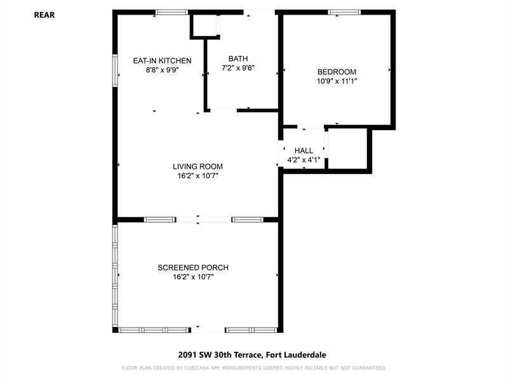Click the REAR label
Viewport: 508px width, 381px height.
pos(44,15)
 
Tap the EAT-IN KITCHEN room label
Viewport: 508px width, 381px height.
pos(163,60)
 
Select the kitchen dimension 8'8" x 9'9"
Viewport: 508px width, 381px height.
pos(163,70)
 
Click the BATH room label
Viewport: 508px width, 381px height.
pos(238,58)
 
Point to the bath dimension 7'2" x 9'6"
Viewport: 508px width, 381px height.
pos(238,68)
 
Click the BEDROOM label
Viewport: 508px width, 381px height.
pos(337,72)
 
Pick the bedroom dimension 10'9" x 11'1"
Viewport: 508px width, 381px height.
pos(337,81)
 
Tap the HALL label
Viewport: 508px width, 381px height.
pos(304,150)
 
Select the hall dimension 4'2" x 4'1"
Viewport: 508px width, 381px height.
pos(304,160)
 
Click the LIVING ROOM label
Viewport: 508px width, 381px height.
pos(197,166)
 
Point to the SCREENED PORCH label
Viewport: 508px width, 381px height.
pos(193,267)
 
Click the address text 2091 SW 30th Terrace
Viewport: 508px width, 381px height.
pos(220,355)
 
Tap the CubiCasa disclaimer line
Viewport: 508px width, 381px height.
pos(253,368)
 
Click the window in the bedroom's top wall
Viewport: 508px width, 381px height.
pos(344,12)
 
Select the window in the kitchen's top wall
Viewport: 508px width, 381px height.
pos(171,12)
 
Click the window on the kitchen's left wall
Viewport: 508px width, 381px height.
pos(115,70)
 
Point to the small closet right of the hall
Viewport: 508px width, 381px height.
pos(347,149)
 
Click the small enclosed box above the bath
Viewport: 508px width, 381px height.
pos(204,25)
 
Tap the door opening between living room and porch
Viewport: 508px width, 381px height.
pos(204,220)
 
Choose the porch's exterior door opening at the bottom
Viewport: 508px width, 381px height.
pos(208,330)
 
